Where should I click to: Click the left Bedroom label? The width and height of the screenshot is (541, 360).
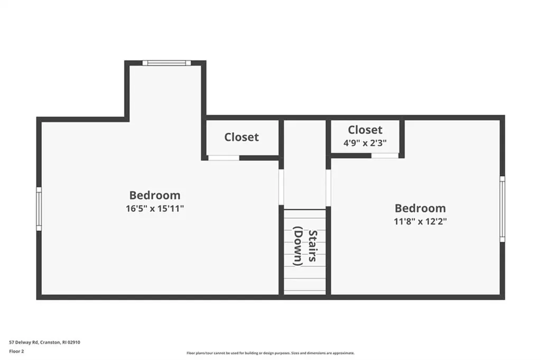click(x=155, y=195)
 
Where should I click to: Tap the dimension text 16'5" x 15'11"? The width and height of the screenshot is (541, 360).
click(x=155, y=208)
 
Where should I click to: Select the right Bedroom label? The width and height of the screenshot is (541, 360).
click(x=420, y=208)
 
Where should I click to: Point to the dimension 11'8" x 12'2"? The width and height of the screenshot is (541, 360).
click(x=420, y=221)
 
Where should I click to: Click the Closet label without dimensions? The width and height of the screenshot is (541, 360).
click(x=241, y=137)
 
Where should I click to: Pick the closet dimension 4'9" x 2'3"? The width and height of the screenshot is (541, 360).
click(x=365, y=142)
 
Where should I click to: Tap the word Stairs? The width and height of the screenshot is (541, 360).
click(x=313, y=246)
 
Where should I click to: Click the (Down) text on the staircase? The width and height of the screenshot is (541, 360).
click(x=297, y=246)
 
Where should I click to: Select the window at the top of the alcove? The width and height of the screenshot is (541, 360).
click(x=166, y=63)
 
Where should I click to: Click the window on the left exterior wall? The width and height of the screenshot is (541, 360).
click(x=39, y=209)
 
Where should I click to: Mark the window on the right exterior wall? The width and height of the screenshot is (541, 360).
click(x=502, y=209)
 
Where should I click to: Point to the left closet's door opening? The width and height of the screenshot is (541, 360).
click(x=223, y=158)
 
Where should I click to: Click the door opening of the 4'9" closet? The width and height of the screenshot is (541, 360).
click(x=385, y=155)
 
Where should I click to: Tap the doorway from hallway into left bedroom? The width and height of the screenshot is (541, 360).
click(x=281, y=187)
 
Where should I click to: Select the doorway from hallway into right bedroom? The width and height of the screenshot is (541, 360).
click(x=328, y=187)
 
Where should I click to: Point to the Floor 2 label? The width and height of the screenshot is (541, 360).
click(x=17, y=350)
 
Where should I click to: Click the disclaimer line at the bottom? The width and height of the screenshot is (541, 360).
click(x=270, y=353)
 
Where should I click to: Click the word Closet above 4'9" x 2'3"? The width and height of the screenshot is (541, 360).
click(x=365, y=130)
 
